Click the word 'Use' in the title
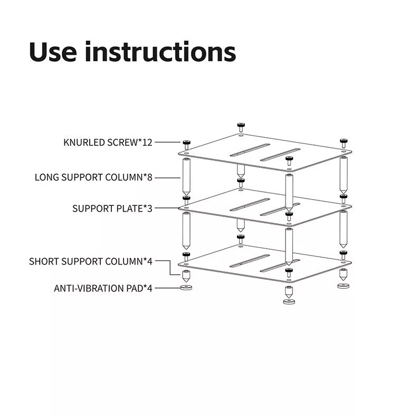click(53, 52)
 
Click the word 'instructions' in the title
click(160, 52)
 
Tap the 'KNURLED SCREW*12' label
click(108, 143)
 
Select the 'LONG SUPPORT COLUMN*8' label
click(93, 177)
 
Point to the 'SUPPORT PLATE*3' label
click(112, 209)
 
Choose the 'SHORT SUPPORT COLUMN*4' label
click(91, 261)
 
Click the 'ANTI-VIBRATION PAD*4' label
click(103, 288)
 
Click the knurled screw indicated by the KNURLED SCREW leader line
click(186, 145)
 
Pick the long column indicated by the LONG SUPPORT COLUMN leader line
click(186, 177)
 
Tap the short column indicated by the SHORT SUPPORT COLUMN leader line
click(186, 276)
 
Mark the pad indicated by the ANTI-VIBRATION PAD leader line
click(186, 288)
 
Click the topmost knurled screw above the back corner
click(241, 127)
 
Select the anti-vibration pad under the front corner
click(289, 301)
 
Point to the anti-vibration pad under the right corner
click(343, 286)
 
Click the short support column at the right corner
click(343, 274)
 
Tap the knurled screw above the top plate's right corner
click(344, 143)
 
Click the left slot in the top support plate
click(250, 150)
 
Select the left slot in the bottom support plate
click(250, 261)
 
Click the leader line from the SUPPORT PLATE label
click(167, 207)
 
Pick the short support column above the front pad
click(289, 292)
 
